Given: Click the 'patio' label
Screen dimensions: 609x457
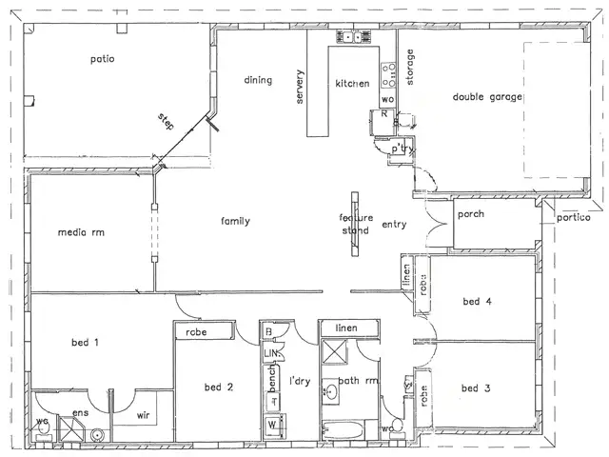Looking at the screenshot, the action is pos(103,59).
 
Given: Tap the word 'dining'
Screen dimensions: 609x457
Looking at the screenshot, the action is pos(259,81).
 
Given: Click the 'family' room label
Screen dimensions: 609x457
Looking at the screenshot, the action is pos(235,221).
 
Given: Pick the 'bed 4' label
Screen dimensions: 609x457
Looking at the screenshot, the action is pos(478,302).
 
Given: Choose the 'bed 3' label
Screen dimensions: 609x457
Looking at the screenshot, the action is pos(476,387).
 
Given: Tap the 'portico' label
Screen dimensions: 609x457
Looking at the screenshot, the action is pos(575,218).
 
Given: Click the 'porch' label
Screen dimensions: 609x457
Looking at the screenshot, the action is pos(471,214).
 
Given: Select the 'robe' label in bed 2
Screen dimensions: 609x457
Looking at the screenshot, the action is pos(197,331).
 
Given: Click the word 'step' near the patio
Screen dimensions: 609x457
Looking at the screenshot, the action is pos(167,123).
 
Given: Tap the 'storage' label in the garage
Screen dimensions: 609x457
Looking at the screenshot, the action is pos(411,68).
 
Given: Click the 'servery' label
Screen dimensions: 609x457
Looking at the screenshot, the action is pos(301,89).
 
